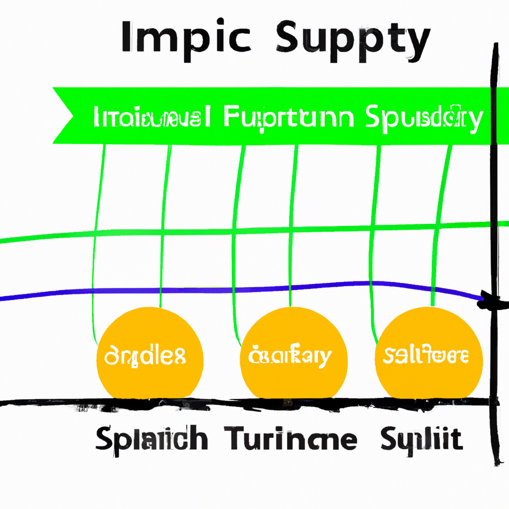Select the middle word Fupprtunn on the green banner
(x=289, y=118)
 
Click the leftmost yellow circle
(x=150, y=353)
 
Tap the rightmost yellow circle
(x=428, y=353)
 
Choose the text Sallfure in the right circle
(x=426, y=355)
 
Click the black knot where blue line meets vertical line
(x=490, y=300)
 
